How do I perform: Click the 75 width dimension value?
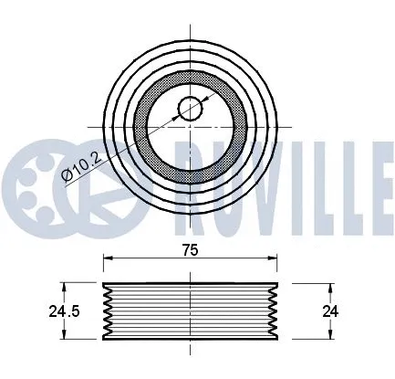click(189, 248)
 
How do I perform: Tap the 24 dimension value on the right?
click(331, 311)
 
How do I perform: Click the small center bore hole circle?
click(190, 108)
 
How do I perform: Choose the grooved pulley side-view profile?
click(190, 311)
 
